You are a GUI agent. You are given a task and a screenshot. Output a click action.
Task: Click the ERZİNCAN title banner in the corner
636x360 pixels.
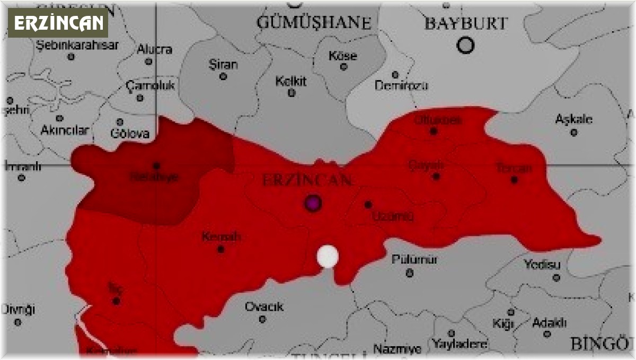coord(58,23)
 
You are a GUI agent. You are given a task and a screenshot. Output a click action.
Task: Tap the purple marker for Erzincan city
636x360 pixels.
coord(313,203)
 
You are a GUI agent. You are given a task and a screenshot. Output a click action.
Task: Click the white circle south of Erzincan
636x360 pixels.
coord(328,257)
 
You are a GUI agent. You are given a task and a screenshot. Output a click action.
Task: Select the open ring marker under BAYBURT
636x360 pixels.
coord(466,46)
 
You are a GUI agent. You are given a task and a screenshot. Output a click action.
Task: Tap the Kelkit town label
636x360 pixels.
coord(291,82)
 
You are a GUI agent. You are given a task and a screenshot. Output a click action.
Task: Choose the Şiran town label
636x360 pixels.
coord(223,65)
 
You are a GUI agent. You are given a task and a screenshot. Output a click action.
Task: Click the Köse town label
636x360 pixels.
coord(343,56)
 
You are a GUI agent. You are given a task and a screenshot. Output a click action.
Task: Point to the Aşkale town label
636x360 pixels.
coord(573,119)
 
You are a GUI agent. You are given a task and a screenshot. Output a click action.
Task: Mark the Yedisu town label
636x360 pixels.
coord(542,264)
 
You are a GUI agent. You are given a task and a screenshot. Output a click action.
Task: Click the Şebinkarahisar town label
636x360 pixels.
coord(77,45)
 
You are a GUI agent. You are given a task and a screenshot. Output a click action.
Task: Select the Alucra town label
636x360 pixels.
coord(154,50)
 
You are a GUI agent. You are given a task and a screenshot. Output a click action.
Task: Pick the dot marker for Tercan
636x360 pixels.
coord(514,180)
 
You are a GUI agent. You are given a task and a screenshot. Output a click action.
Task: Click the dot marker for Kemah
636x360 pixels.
coord(221,249)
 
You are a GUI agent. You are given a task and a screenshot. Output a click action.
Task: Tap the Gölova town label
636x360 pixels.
coord(130,134)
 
